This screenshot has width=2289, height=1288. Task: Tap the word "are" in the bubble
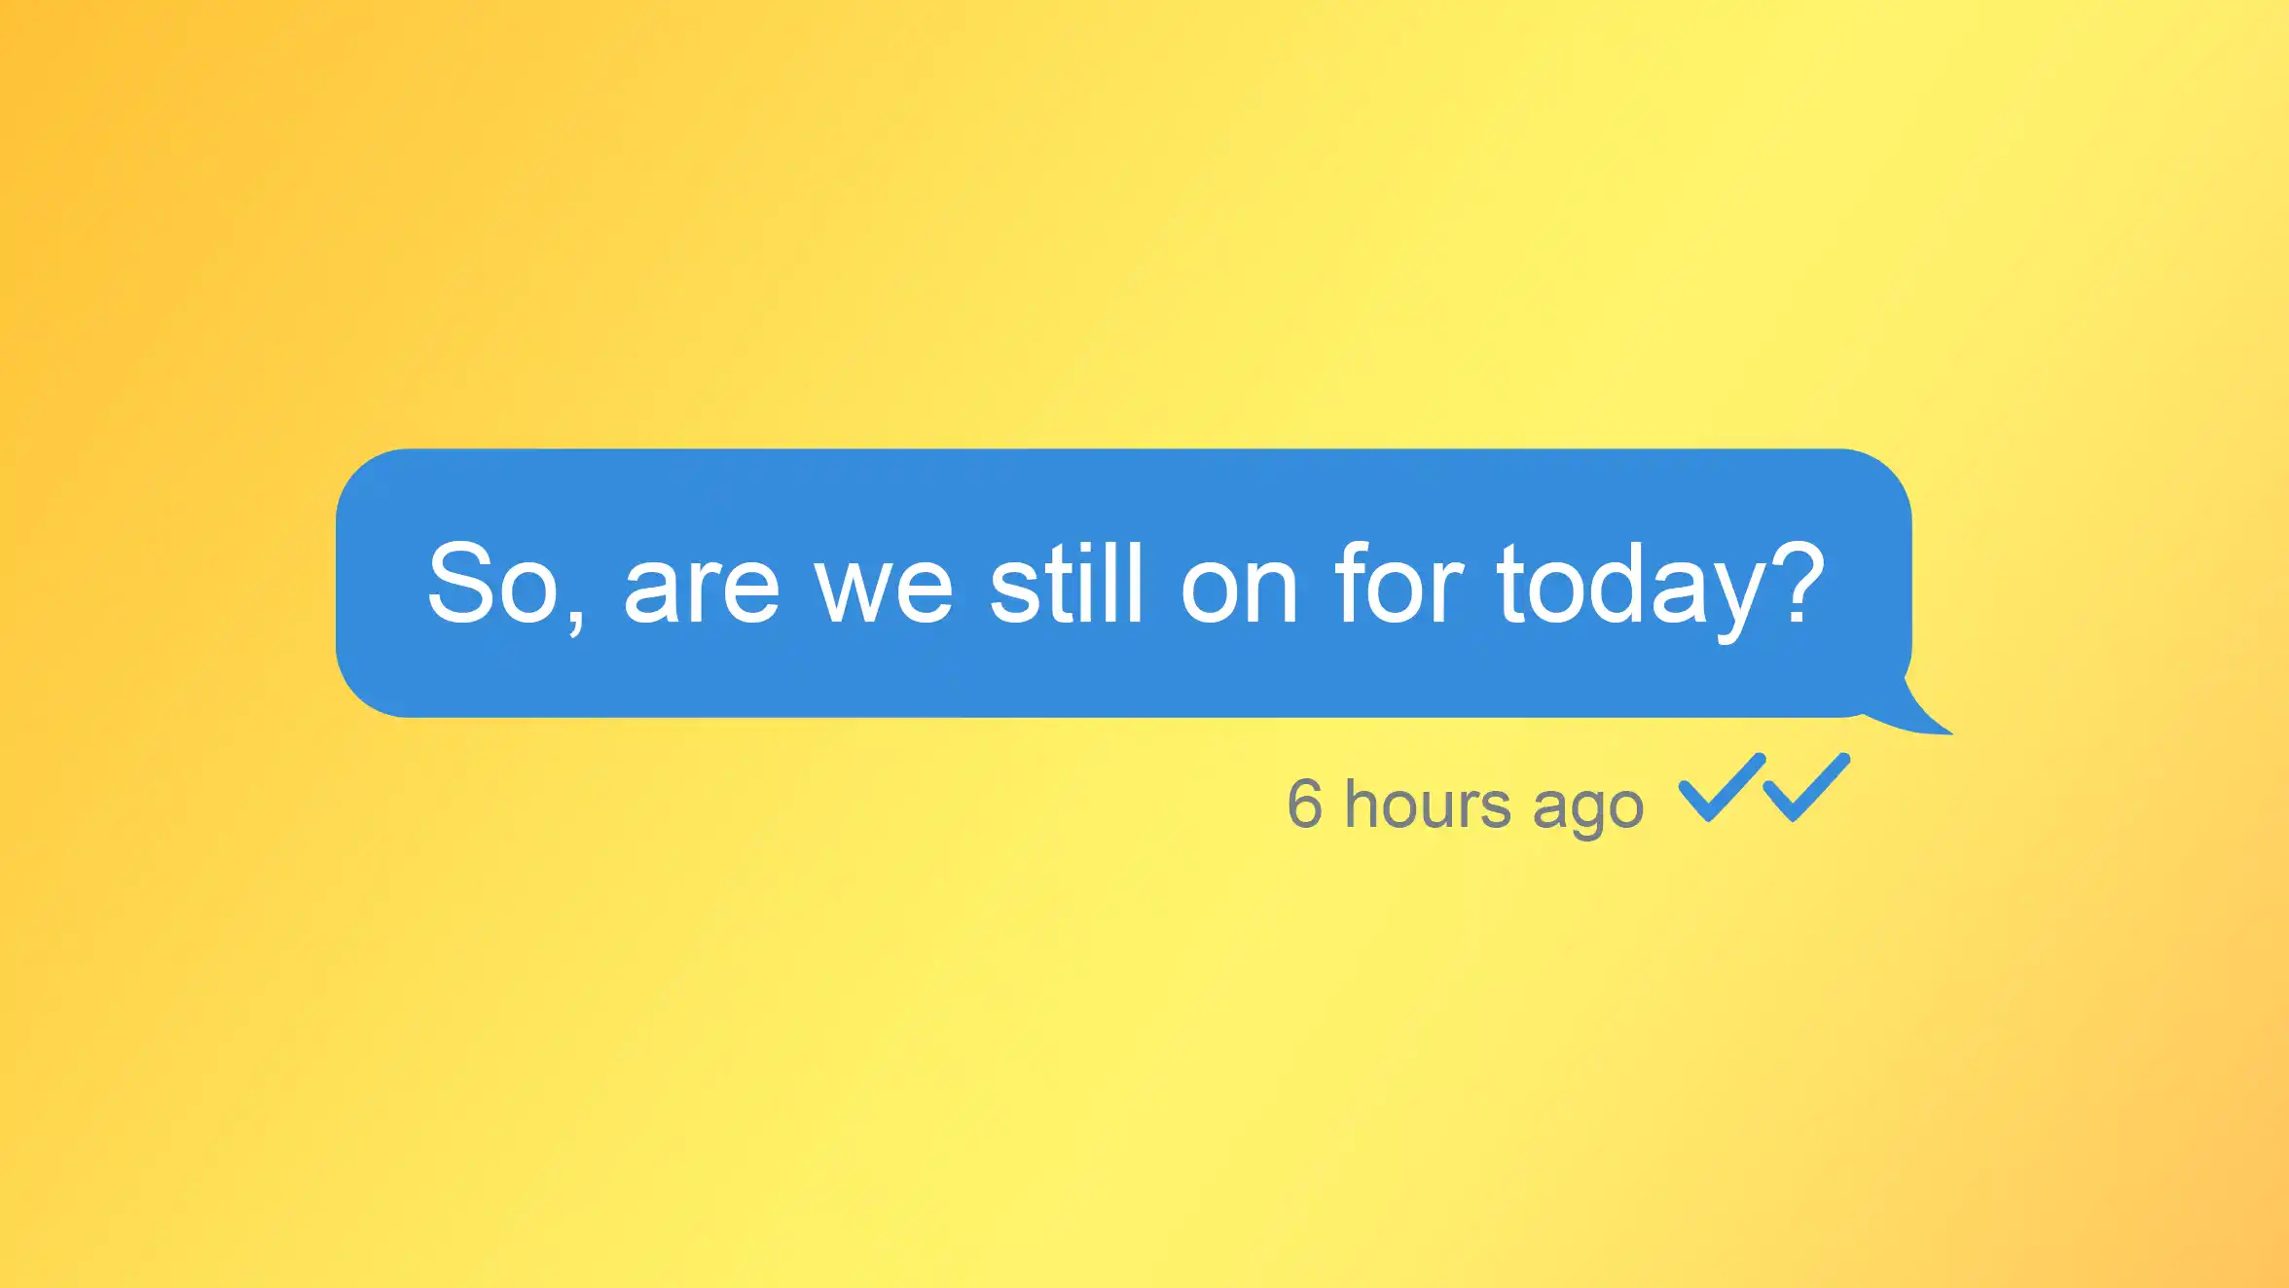coord(702,592)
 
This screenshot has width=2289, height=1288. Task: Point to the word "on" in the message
coord(1239,592)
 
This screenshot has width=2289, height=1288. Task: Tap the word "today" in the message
coord(1631,591)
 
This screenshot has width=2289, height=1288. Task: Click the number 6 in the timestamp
coord(1305,804)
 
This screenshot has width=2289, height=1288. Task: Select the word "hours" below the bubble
coord(1428,804)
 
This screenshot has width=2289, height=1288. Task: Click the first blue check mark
coord(1722,787)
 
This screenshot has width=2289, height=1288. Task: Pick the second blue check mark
coord(1806,787)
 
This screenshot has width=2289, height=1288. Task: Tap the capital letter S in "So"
coord(459,583)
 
